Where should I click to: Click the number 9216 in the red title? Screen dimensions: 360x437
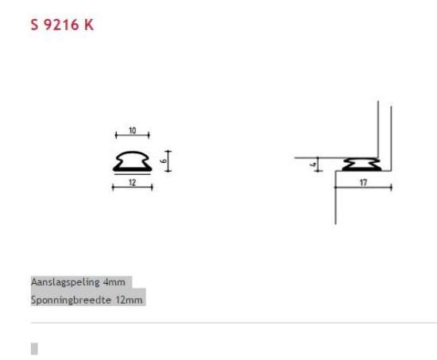pyautogui.click(x=61, y=24)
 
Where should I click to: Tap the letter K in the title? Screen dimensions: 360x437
pyautogui.click(x=88, y=24)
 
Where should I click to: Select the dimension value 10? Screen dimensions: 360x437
pyautogui.click(x=132, y=130)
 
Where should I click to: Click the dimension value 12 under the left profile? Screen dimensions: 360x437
pyautogui.click(x=132, y=183)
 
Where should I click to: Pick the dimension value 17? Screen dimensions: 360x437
pyautogui.click(x=363, y=183)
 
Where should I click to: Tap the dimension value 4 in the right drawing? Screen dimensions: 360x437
pyautogui.click(x=314, y=165)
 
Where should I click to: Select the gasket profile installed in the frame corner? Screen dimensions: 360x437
pyautogui.click(x=363, y=165)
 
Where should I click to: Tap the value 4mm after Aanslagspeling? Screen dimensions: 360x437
pyautogui.click(x=114, y=282)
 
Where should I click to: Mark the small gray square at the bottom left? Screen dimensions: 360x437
pyautogui.click(x=34, y=348)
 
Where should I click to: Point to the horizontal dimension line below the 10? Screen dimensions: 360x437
pyautogui.click(x=132, y=137)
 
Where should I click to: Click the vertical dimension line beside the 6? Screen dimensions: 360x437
pyautogui.click(x=168, y=160)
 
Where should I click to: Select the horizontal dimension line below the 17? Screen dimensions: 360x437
pyautogui.click(x=363, y=188)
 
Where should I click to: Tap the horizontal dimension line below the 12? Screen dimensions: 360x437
pyautogui.click(x=132, y=188)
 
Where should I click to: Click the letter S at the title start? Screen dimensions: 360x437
pyautogui.click(x=34, y=24)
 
